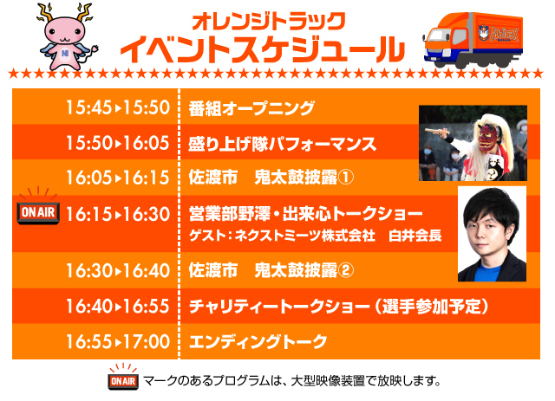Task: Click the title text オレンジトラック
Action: pos(269,22)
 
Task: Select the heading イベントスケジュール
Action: pos(262,50)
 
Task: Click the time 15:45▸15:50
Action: pos(118,107)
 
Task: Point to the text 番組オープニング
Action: pos(251,108)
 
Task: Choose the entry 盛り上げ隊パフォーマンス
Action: pos(282,144)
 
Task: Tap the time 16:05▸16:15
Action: pos(118,178)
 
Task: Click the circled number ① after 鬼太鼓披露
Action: pos(345,178)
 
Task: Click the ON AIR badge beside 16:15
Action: pos(38,210)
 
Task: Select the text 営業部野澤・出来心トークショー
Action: pos(305,214)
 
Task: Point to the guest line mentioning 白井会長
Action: pos(316,236)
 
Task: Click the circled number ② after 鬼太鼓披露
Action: pos(345,271)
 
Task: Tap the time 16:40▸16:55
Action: pos(118,306)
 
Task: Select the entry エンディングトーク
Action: pos(258,341)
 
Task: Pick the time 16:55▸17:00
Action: pos(118,341)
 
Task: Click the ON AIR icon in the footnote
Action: pos(123,377)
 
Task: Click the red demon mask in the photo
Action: pos(487,136)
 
